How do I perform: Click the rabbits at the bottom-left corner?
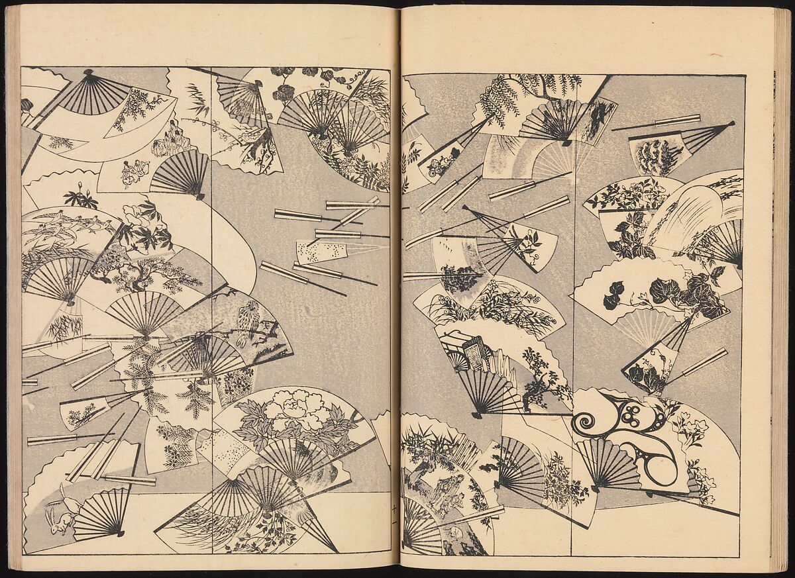point(55,510)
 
